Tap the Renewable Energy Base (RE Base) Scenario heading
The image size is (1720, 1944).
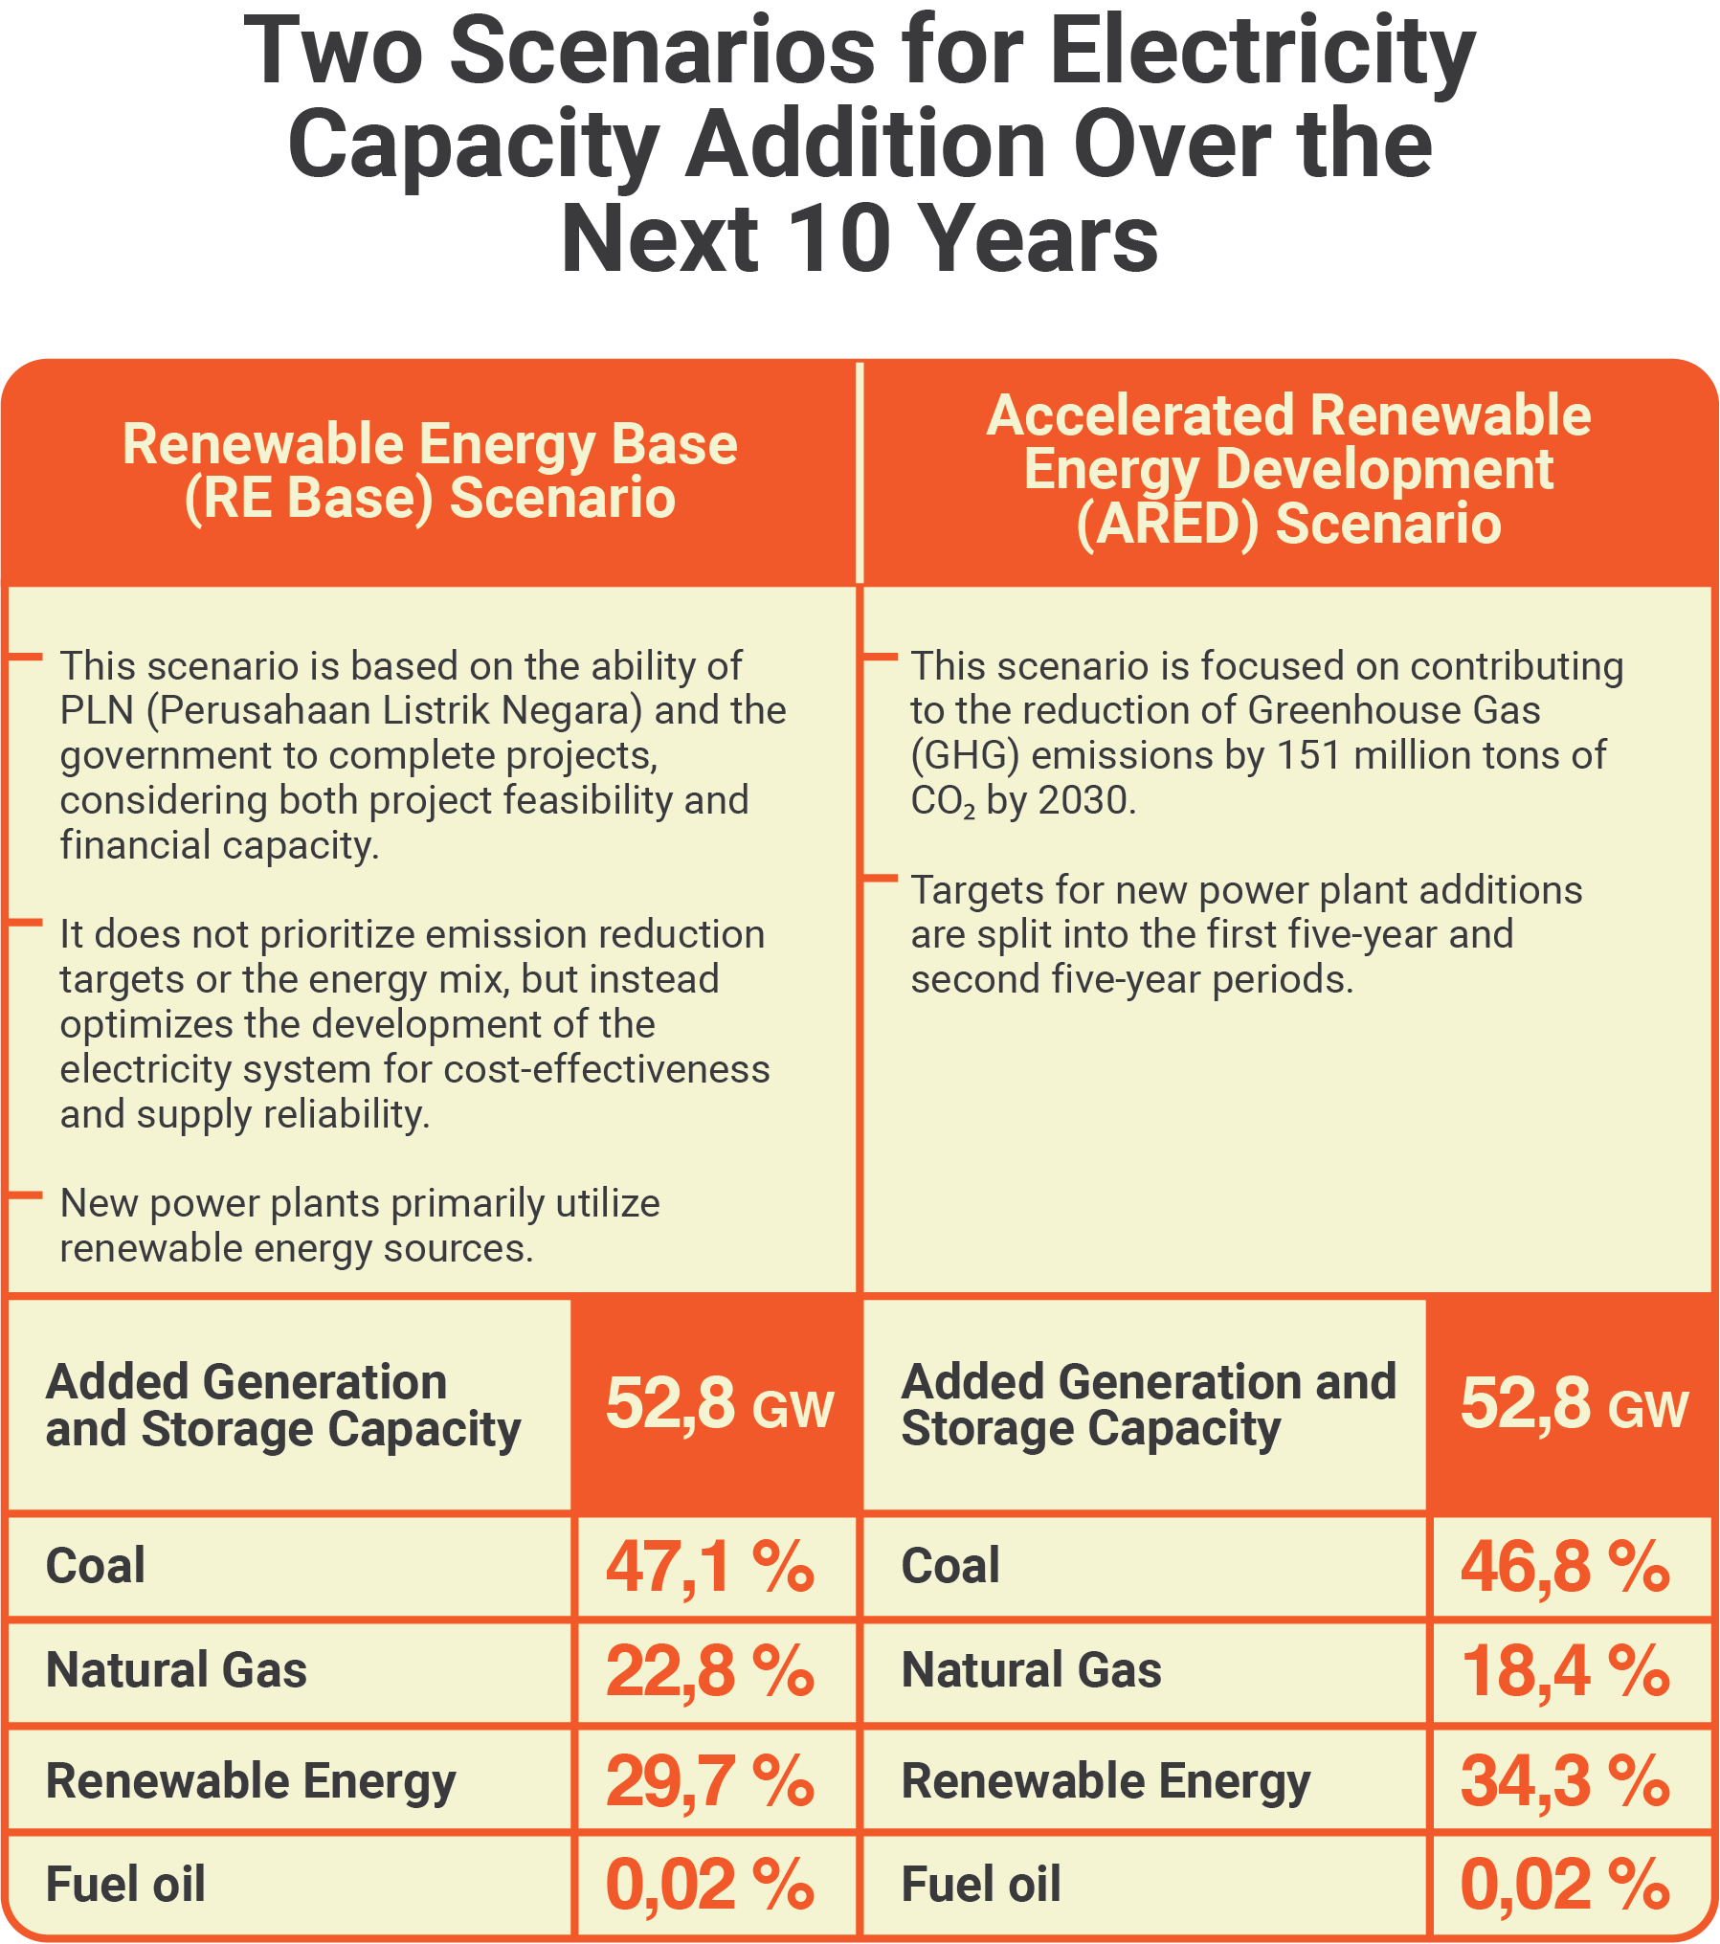[430, 471]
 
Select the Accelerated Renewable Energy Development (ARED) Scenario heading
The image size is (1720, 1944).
[1288, 470]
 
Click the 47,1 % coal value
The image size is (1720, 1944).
[709, 1567]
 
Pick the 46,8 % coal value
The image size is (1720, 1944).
[1565, 1567]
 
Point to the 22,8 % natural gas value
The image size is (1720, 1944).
[709, 1671]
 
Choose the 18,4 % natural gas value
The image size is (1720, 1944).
[1565, 1671]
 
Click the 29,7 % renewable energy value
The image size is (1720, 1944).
[709, 1780]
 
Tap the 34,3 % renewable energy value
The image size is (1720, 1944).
[1565, 1780]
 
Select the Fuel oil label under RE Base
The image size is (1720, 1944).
[125, 1884]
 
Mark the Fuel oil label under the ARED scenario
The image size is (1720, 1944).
[981, 1884]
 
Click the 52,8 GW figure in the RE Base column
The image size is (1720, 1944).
[719, 1404]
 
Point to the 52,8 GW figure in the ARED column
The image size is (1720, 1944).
[1574, 1404]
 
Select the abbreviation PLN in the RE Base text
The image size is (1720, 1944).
[98, 711]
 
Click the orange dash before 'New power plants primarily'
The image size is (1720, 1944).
[26, 1195]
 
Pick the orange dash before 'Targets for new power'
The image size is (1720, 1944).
[881, 878]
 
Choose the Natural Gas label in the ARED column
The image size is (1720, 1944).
[1032, 1670]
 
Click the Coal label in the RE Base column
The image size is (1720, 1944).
[96, 1566]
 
